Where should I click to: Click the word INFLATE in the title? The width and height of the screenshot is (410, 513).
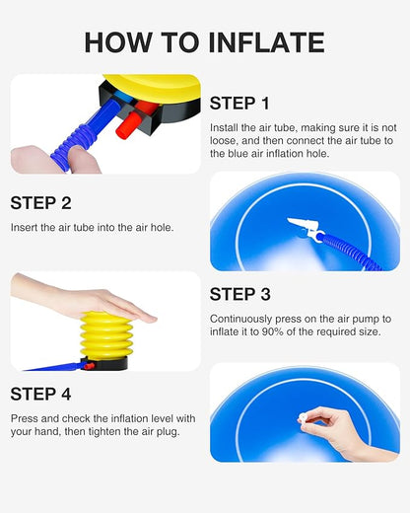coord(266,42)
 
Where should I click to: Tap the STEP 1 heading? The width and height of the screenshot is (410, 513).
coord(239,104)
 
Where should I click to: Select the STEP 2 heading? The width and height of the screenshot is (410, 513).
coord(40,203)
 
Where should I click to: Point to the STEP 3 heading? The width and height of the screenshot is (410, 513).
coord(240,294)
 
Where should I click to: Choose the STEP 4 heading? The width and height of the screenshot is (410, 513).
coord(40,394)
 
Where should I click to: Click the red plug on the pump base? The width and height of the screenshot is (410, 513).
coord(128,125)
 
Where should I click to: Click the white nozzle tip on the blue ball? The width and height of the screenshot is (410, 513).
coord(301,225)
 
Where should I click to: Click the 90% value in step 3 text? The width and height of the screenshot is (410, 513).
coord(272,331)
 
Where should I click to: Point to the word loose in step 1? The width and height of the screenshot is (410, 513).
coord(224,141)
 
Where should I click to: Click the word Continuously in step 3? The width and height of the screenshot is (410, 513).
coord(240,319)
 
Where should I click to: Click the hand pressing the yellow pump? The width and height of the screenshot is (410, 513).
coord(82,299)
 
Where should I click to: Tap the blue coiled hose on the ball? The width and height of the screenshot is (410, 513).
coord(353,251)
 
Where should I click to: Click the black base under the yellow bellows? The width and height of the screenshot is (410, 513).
coord(105,363)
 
